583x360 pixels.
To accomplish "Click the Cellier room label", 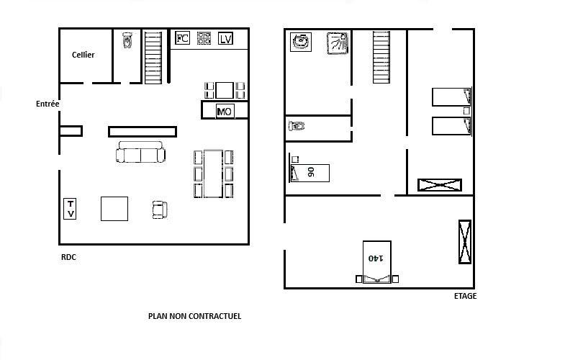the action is point(83,55).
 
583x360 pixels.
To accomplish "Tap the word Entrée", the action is point(48,104).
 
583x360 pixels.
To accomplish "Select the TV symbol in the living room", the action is point(70,209).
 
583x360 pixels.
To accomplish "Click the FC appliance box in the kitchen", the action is point(182,38).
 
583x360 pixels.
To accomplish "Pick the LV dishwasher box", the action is point(225,38).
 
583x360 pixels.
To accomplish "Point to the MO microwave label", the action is point(225,111).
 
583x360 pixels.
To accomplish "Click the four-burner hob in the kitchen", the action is point(204,38).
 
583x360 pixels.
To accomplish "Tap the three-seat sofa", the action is point(140,152).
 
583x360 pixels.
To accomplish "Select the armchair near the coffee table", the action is point(160,210).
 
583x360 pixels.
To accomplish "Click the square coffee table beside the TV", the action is point(114,209).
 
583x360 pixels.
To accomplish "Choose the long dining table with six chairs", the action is point(214,174).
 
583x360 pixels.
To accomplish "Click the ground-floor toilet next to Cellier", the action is point(127,40).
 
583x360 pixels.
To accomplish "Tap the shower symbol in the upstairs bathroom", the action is point(338,43).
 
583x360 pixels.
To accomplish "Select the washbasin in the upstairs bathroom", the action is point(301,42).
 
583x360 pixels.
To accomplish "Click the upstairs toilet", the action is point(297,126).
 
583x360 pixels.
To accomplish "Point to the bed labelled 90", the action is point(309,173).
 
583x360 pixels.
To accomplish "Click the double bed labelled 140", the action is point(376,262).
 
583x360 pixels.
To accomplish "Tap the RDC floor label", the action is point(69,257).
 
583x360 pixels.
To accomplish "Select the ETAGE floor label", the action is point(465,296).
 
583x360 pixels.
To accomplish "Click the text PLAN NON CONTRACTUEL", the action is point(195,316).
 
